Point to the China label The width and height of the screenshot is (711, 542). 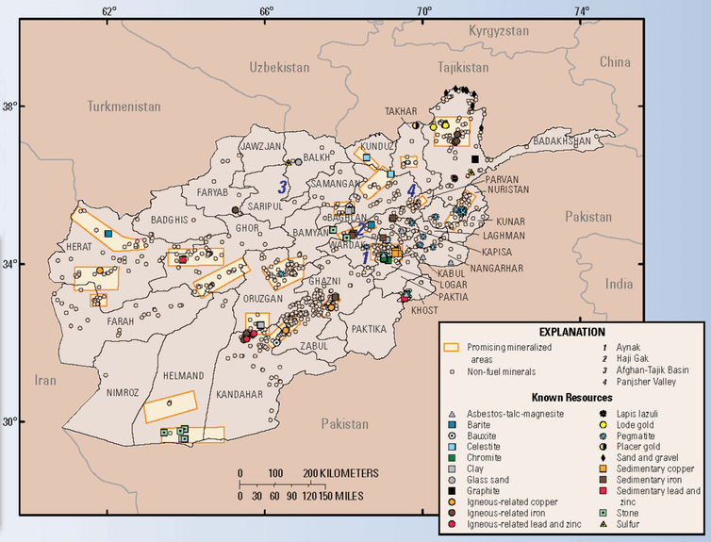click(x=614, y=62)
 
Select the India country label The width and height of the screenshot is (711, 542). click(x=620, y=283)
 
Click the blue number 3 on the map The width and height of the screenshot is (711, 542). click(x=281, y=187)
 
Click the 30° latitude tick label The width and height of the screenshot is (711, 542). click(x=11, y=421)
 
